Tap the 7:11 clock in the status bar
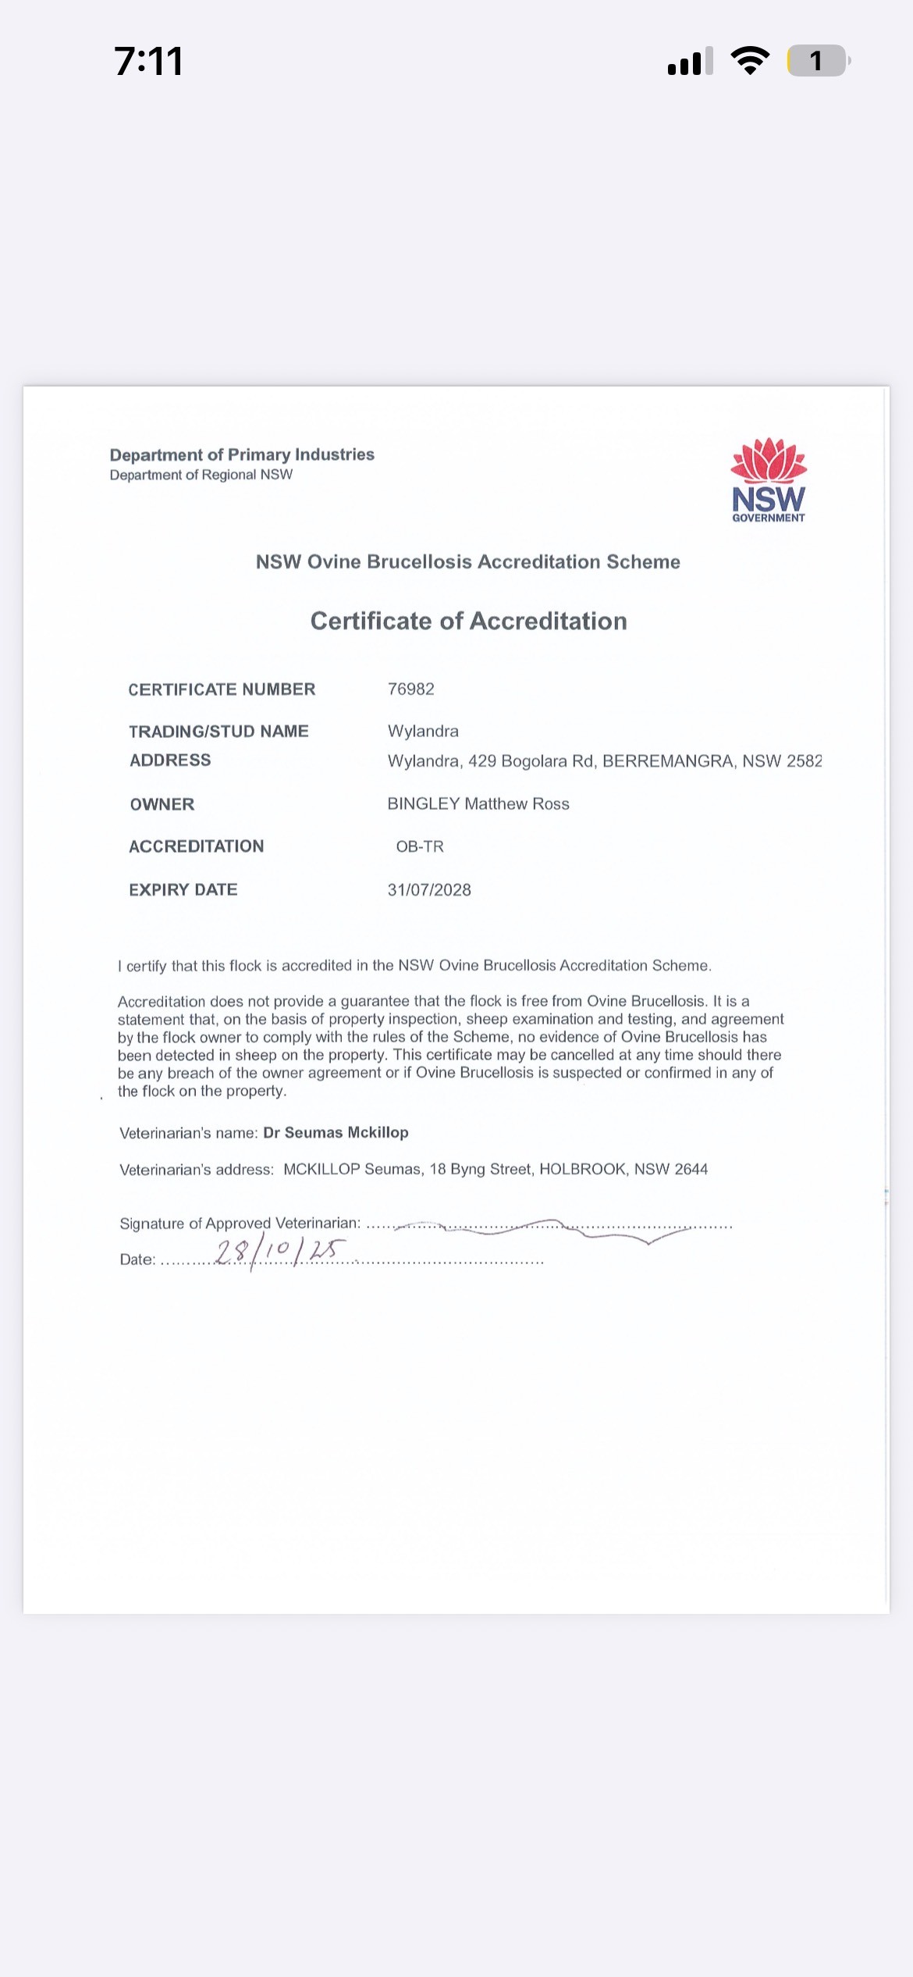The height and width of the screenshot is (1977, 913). (148, 61)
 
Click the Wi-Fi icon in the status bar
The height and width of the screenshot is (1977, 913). (750, 61)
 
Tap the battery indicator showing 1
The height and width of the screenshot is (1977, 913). (817, 61)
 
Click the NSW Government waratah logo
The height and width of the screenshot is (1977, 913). (769, 479)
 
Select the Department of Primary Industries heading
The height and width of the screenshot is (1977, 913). (242, 454)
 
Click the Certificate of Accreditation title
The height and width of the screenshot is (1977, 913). (468, 621)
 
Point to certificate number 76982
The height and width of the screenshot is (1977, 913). (411, 689)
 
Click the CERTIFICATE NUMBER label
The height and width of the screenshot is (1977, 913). (222, 689)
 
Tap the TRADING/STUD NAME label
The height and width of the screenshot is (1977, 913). (218, 732)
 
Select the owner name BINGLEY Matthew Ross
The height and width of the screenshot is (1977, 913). (478, 804)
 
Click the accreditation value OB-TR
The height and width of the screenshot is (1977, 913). (420, 846)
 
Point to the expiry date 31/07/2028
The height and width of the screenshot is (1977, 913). (429, 890)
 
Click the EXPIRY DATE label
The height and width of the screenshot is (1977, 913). (183, 890)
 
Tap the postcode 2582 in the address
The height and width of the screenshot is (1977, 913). (805, 761)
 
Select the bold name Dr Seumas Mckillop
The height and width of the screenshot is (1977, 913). (336, 1132)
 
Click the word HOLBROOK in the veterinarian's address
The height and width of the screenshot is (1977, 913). (583, 1169)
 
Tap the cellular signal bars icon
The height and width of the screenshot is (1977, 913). (690, 61)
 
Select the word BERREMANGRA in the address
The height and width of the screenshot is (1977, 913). (668, 761)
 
